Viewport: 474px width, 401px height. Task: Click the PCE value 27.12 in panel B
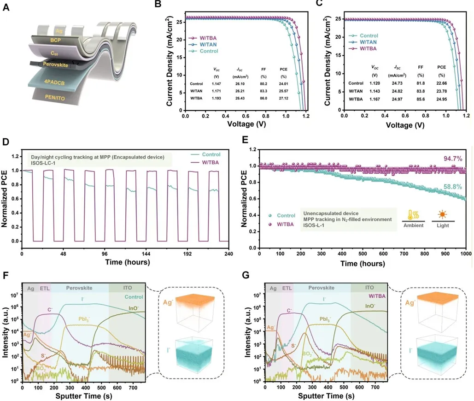pos(283,99)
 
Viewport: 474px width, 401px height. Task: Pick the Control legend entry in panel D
pos(210,154)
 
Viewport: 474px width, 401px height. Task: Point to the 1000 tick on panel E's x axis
pos(466,254)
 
